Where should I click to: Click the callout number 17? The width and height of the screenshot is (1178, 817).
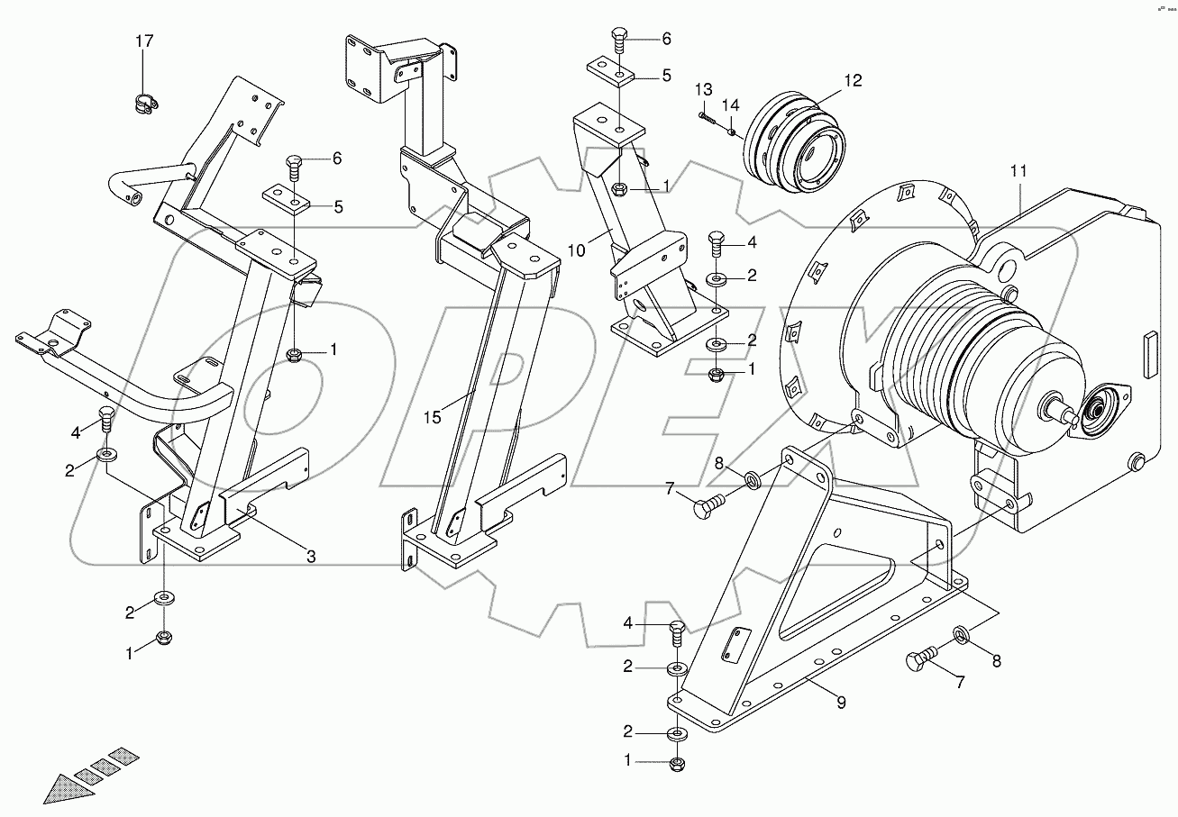tap(144, 41)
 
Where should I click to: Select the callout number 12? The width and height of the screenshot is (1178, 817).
tap(853, 80)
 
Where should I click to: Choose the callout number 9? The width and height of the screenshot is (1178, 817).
tap(841, 704)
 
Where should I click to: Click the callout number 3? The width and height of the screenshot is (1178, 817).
tap(310, 557)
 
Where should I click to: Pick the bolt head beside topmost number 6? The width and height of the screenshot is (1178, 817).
tap(619, 40)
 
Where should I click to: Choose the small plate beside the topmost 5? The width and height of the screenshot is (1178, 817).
tap(611, 69)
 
